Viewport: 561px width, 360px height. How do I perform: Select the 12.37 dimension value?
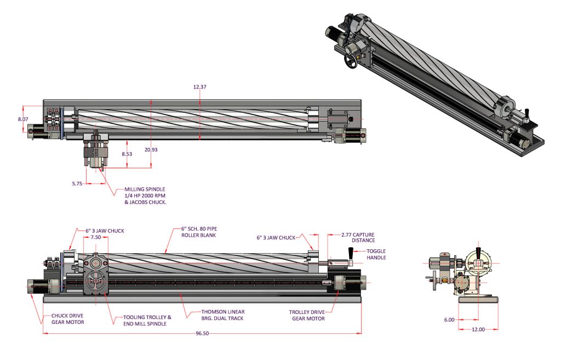click(x=201, y=87)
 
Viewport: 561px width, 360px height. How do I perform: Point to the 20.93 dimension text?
click(x=151, y=150)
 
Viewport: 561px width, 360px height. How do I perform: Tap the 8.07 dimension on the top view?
click(x=23, y=119)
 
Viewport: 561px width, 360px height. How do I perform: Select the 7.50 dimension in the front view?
click(x=95, y=238)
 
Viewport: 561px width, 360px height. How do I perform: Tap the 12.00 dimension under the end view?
click(x=478, y=329)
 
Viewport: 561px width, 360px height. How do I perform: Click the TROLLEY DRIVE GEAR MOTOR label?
click(x=307, y=316)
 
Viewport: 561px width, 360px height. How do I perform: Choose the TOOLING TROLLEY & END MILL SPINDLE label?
click(x=147, y=320)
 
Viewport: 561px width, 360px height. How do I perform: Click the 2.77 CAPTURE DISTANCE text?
click(x=358, y=237)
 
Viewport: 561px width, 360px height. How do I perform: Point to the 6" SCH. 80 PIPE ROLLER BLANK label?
click(x=199, y=232)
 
